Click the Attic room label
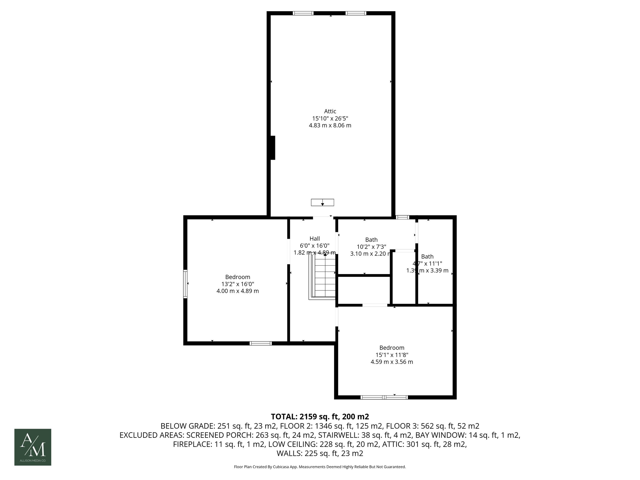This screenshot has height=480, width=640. pyautogui.click(x=330, y=111)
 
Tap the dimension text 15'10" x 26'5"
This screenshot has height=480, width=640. pyautogui.click(x=330, y=118)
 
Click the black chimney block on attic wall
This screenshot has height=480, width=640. pyautogui.click(x=272, y=148)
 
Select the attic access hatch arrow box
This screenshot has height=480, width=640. pyautogui.click(x=322, y=202)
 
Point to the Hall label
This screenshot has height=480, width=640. pyautogui.click(x=315, y=239)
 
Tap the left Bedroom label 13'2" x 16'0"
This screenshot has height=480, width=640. pyautogui.click(x=237, y=284)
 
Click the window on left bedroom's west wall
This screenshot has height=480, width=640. pyautogui.click(x=185, y=284)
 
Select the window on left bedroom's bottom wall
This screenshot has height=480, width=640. pyautogui.click(x=261, y=343)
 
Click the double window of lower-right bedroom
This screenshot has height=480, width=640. pyautogui.click(x=384, y=397)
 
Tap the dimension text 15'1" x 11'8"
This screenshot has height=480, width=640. pyautogui.click(x=392, y=355)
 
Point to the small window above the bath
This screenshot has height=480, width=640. pyautogui.click(x=402, y=217)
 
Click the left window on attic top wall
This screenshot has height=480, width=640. pyautogui.click(x=303, y=13)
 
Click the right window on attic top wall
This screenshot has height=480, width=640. pyautogui.click(x=356, y=13)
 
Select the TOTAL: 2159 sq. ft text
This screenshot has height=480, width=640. pyautogui.click(x=320, y=417)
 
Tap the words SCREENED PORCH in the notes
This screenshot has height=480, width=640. pyautogui.click(x=222, y=435)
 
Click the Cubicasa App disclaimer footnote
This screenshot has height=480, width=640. pyautogui.click(x=320, y=467)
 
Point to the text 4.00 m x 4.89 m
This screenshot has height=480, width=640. pyautogui.click(x=237, y=291)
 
